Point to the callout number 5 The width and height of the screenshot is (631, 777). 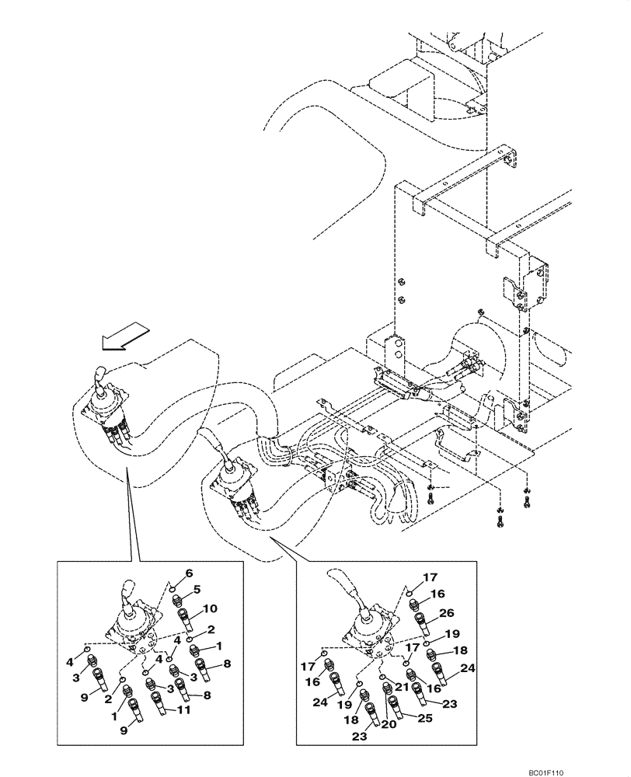pos(197,589)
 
